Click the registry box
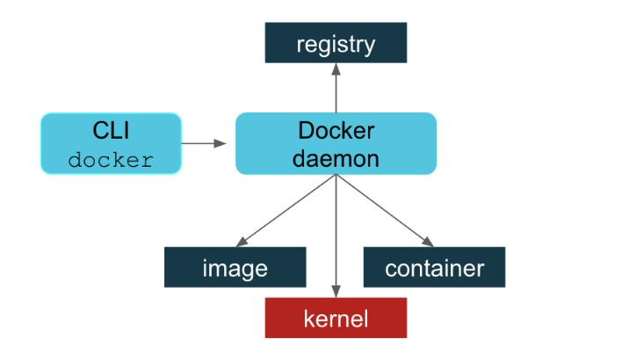click(x=336, y=43)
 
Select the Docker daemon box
click(x=336, y=143)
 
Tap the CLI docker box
click(x=111, y=143)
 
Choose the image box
click(x=235, y=267)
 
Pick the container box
click(x=434, y=267)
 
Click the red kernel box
click(x=336, y=318)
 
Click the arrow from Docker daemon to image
click(x=286, y=211)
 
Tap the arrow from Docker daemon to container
click(x=385, y=211)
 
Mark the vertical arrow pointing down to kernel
click(x=336, y=237)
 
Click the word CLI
click(x=111, y=131)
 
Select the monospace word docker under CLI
click(x=111, y=161)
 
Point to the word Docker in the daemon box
click(x=336, y=131)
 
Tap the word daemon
click(x=336, y=159)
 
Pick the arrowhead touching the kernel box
click(x=336, y=292)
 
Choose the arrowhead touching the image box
click(x=241, y=242)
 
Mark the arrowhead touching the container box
click(x=429, y=242)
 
